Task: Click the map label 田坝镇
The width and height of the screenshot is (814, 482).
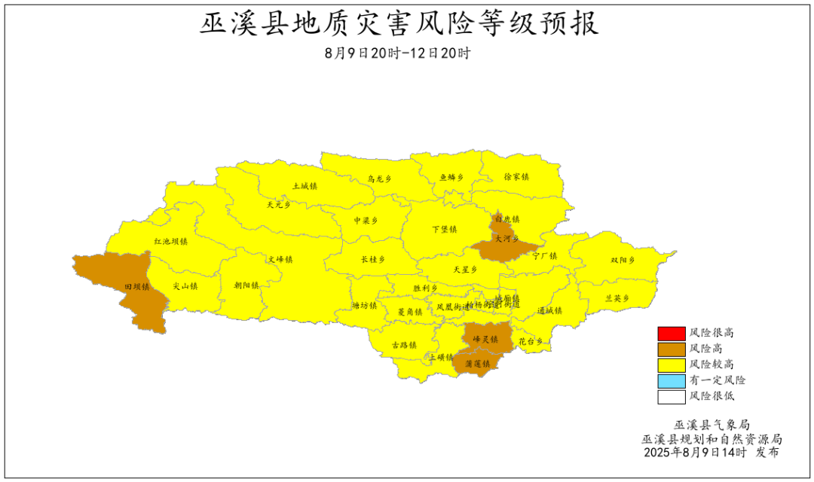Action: pyautogui.click(x=136, y=287)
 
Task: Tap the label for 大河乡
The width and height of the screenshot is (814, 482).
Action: pyautogui.click(x=506, y=238)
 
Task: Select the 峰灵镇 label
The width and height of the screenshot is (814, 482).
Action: pyautogui.click(x=485, y=340)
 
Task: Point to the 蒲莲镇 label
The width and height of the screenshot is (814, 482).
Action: pyautogui.click(x=478, y=364)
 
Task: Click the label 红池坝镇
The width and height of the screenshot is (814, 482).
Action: pyautogui.click(x=171, y=242)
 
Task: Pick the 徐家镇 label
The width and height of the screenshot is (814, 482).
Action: pyautogui.click(x=516, y=176)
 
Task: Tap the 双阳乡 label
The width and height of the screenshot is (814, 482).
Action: pyautogui.click(x=623, y=261)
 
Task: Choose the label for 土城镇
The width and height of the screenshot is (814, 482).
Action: pyautogui.click(x=304, y=185)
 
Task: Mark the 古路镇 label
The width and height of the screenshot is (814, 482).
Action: pyautogui.click(x=404, y=345)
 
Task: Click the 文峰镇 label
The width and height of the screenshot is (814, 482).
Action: pyautogui.click(x=280, y=259)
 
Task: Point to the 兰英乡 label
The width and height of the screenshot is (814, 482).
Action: pyautogui.click(x=617, y=298)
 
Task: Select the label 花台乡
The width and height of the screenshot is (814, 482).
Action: pyautogui.click(x=531, y=341)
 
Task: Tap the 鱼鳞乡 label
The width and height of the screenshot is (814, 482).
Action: pyautogui.click(x=451, y=178)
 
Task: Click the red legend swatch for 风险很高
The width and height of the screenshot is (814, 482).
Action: pyautogui.click(x=670, y=333)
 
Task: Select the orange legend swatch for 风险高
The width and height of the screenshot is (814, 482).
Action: pyautogui.click(x=670, y=349)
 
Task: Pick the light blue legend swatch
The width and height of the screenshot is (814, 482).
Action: pyautogui.click(x=670, y=380)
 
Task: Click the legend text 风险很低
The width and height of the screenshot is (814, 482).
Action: pyautogui.click(x=711, y=396)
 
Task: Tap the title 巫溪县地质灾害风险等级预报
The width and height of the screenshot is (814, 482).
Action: pyautogui.click(x=399, y=24)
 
